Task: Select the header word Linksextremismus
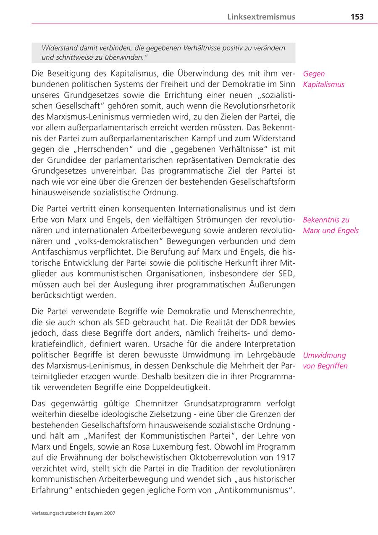261,17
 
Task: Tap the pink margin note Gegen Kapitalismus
323,79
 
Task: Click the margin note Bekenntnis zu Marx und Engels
331,225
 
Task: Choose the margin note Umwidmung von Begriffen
325,360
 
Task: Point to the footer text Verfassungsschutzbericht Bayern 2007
73,513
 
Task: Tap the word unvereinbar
116,171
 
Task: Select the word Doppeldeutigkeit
177,387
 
